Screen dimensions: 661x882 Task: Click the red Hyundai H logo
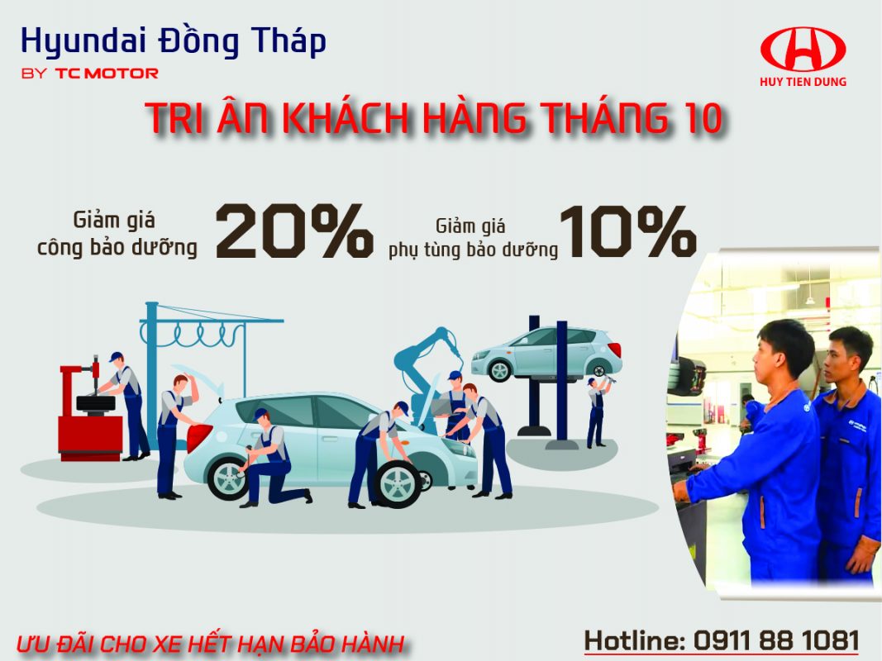(x=803, y=50)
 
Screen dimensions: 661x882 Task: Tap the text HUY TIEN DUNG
(x=803, y=82)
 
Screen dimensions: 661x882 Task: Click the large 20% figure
(x=294, y=231)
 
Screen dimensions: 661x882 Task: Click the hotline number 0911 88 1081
(x=776, y=640)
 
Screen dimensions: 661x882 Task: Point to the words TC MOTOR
(x=107, y=74)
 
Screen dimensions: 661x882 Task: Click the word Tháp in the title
(x=285, y=40)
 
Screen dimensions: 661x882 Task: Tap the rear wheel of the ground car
(x=227, y=479)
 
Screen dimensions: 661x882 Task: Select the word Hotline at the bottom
(x=632, y=640)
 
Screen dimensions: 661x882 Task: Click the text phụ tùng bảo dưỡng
(x=473, y=249)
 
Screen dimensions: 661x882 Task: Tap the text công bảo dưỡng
(x=117, y=247)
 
